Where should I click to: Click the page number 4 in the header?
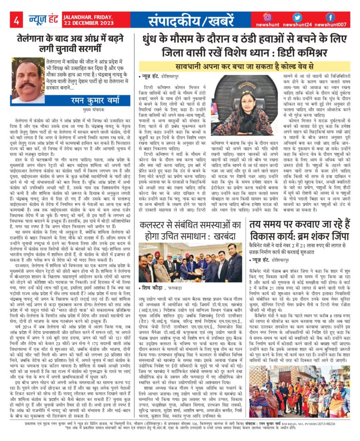pyautogui.click(x=16, y=20)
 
